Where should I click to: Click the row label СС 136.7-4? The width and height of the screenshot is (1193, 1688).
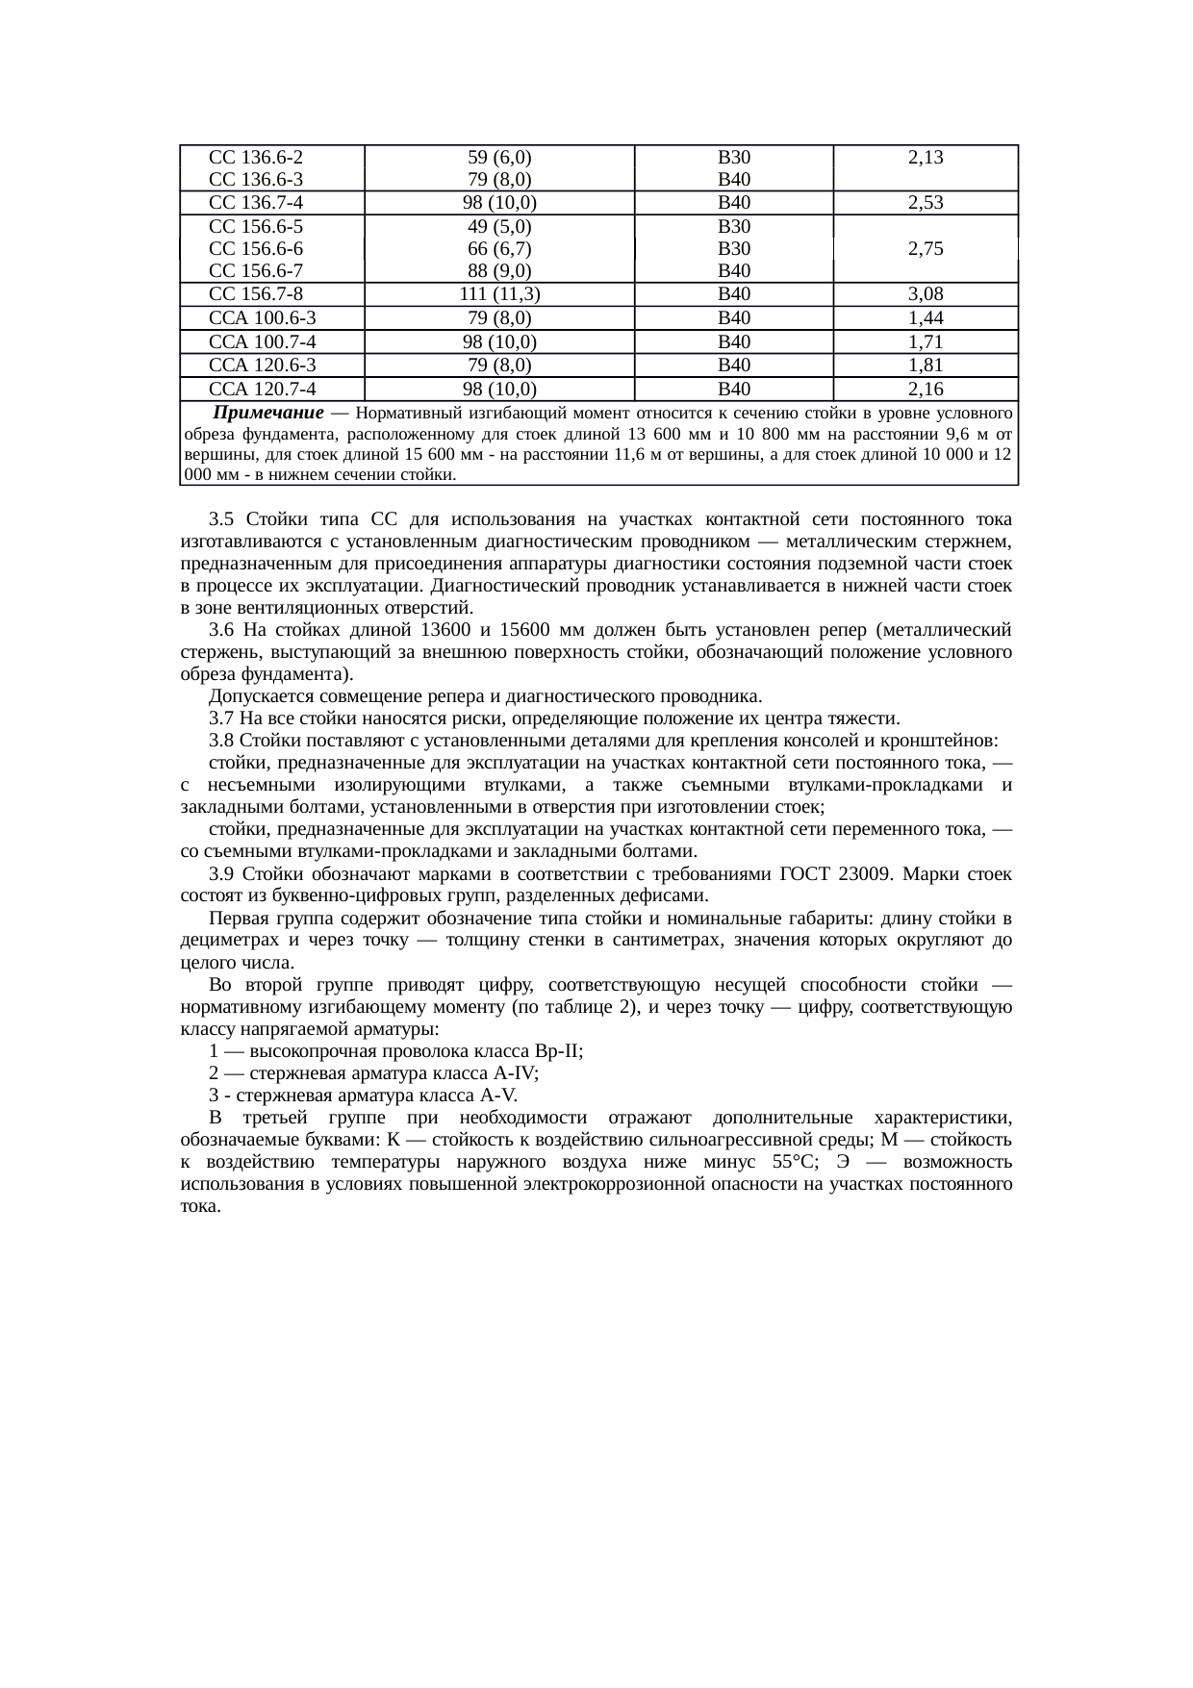(x=256, y=203)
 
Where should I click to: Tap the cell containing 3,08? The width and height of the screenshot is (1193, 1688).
(x=925, y=294)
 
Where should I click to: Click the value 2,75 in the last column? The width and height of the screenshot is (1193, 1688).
(x=925, y=248)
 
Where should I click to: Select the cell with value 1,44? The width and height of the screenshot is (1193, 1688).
(x=925, y=318)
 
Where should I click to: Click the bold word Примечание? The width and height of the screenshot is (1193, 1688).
(x=267, y=414)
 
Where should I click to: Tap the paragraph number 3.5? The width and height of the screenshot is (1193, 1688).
(x=221, y=519)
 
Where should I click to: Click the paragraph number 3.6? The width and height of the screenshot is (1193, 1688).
(x=221, y=630)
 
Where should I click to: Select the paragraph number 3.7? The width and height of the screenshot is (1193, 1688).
(x=221, y=718)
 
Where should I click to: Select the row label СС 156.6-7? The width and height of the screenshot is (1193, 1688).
(x=256, y=271)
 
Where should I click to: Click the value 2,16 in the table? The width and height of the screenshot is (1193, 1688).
(x=925, y=389)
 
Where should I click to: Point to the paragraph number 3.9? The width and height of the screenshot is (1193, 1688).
(x=221, y=874)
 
